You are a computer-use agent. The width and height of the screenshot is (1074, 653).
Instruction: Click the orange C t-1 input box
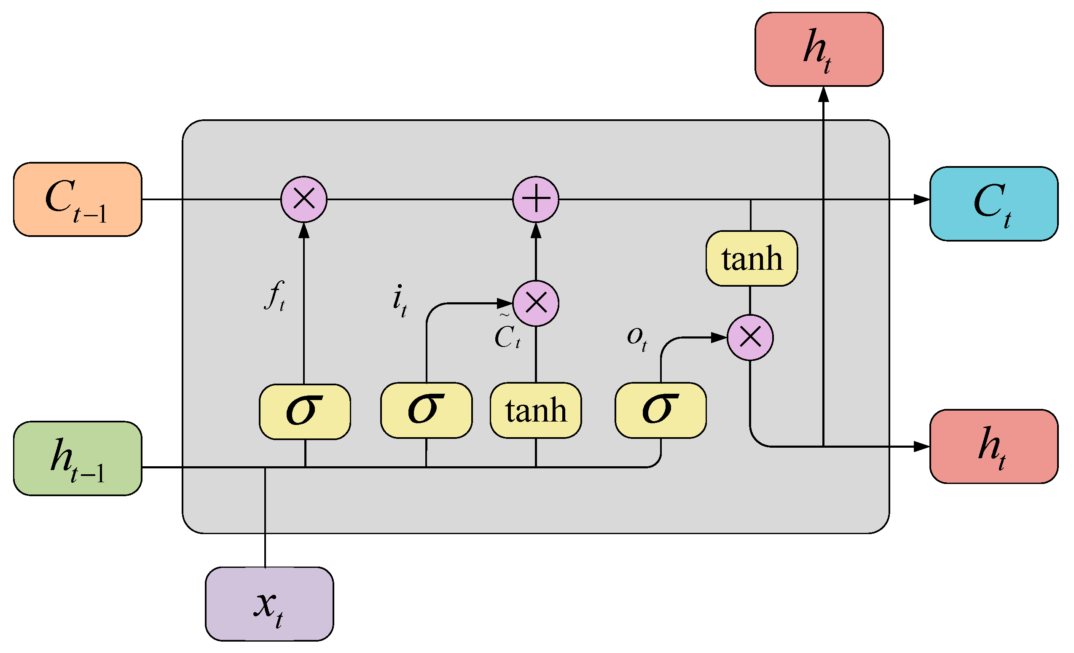click(x=78, y=200)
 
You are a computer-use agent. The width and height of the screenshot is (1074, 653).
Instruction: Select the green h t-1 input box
click(x=78, y=459)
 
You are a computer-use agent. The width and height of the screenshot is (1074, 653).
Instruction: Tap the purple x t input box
click(x=269, y=604)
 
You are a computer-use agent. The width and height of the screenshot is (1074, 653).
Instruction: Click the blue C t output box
click(x=994, y=204)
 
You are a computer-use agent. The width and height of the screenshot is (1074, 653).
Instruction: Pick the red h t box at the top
click(x=819, y=49)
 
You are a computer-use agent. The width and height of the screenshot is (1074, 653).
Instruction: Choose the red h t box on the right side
click(x=994, y=446)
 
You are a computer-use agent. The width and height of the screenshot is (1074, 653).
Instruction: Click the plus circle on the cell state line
click(x=536, y=199)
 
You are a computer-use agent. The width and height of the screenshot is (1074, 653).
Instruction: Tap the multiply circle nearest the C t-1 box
click(x=304, y=199)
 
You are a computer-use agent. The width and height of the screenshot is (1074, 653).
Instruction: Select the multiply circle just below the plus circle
click(x=536, y=303)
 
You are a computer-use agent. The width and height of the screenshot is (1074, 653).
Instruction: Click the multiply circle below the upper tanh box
click(x=750, y=337)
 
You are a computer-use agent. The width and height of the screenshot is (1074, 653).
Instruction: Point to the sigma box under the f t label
click(x=305, y=411)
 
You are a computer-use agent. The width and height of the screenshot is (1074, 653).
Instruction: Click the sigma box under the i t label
click(x=426, y=410)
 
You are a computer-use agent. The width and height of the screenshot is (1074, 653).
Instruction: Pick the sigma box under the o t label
click(x=661, y=410)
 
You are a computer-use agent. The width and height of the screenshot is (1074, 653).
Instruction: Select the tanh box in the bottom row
click(x=536, y=410)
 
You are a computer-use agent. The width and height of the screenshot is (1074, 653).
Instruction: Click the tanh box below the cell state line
click(x=752, y=258)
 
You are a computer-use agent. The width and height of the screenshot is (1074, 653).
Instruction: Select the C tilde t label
click(x=507, y=334)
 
